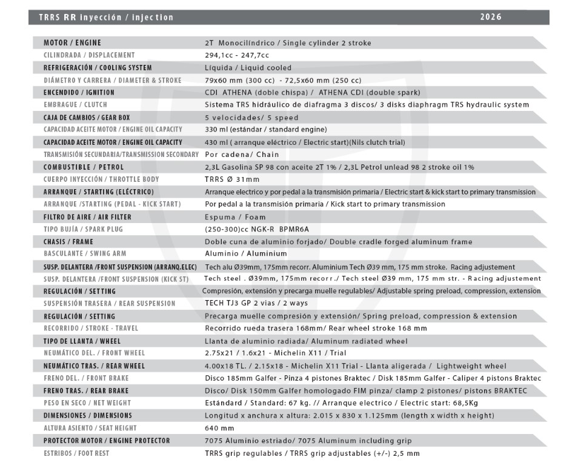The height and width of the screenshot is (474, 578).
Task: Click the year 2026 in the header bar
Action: pos(490,17)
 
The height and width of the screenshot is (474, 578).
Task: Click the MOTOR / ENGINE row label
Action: pos(72,43)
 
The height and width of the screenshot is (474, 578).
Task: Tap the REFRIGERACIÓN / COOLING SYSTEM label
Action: pos(97,68)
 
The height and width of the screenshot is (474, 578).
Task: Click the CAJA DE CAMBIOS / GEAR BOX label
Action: pos(87,118)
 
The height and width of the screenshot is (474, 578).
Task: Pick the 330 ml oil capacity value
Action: pos(266,130)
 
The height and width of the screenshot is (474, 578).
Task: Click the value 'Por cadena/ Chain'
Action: pos(242,155)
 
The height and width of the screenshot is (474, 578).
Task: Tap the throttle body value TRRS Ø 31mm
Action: pos(232,179)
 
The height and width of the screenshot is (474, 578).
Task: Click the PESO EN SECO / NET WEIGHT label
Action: pos(87,403)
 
